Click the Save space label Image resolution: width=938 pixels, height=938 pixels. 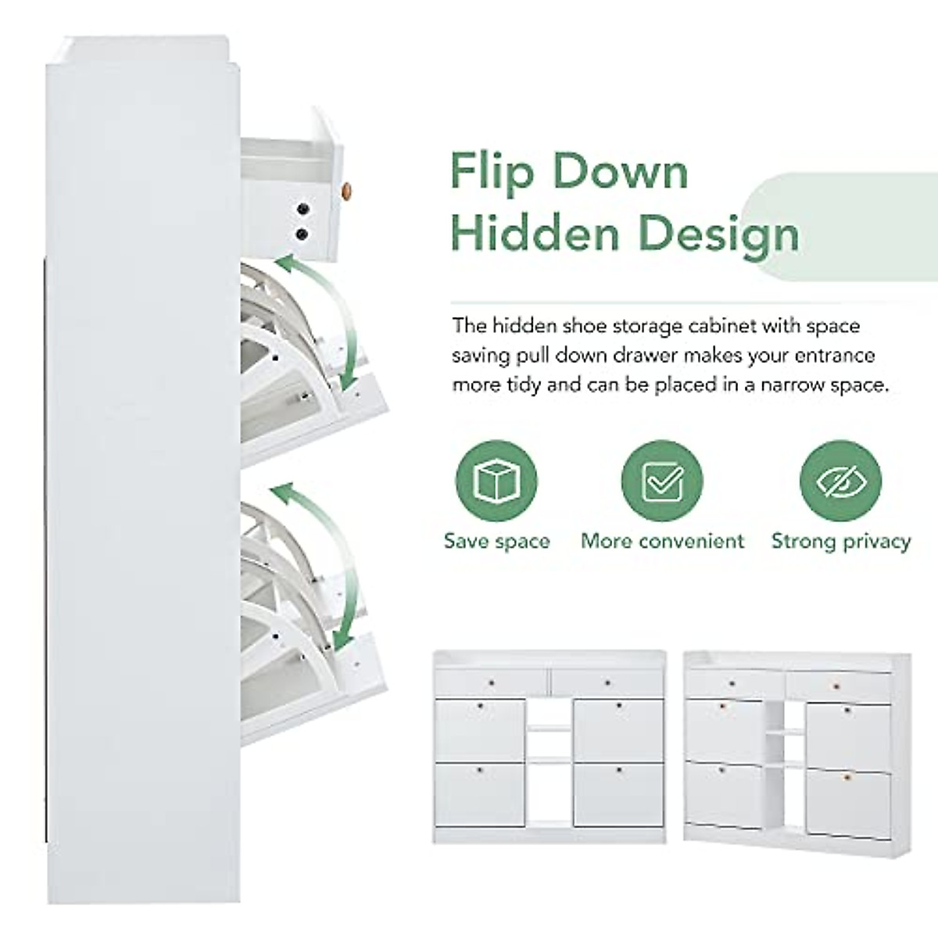coord(496,541)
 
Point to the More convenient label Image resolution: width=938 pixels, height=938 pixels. coord(662,541)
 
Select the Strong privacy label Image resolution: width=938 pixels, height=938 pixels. coord(840,541)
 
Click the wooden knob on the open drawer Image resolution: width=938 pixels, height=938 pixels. coord(348,189)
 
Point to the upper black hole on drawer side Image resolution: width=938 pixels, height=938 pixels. coord(303,209)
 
